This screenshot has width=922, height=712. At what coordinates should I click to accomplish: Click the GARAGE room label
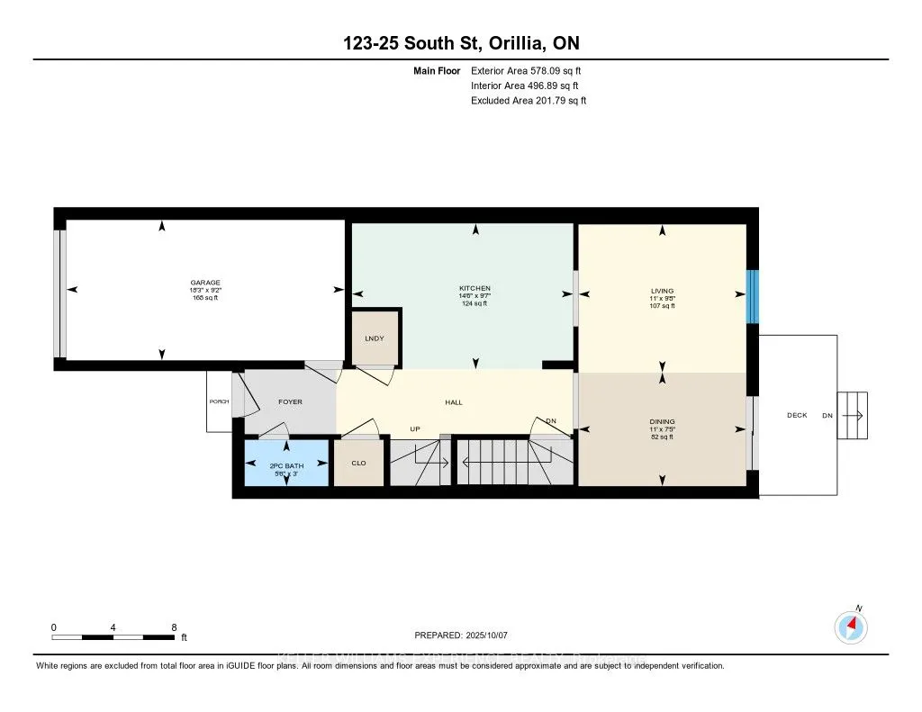tap(204, 283)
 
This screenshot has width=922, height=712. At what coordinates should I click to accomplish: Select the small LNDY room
tap(375, 338)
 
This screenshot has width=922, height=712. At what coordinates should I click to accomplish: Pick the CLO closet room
tap(357, 464)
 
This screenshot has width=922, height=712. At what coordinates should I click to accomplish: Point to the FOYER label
tap(290, 401)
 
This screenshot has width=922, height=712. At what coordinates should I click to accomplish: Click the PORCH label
tap(219, 401)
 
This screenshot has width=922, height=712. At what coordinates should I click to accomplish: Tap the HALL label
tap(454, 402)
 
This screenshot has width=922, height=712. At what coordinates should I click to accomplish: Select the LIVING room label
tap(662, 291)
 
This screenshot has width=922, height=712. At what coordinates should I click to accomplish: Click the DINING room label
tap(662, 421)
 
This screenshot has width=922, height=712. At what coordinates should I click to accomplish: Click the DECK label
tap(797, 415)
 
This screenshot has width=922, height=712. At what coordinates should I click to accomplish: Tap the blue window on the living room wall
tap(753, 296)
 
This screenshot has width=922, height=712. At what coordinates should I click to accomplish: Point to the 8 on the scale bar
tap(173, 626)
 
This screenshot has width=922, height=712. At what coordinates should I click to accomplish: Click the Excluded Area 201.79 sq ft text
tap(528, 101)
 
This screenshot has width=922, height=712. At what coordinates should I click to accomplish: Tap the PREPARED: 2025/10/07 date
tap(462, 635)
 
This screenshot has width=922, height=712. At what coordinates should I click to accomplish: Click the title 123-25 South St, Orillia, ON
tap(461, 44)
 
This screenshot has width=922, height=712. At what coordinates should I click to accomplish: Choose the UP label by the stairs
tap(415, 429)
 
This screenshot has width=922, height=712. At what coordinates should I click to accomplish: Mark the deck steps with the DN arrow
tap(852, 416)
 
